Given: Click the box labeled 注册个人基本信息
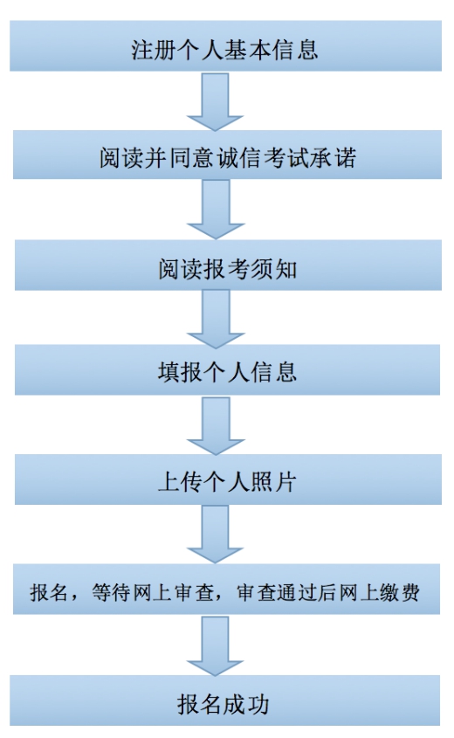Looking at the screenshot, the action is (226, 45).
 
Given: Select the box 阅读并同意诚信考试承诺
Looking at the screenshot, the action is (227, 155).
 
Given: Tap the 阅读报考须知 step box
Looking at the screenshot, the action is (228, 265).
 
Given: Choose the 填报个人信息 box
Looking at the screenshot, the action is (227, 370).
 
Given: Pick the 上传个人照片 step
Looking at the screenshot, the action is (228, 479).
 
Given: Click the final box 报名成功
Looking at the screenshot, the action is (225, 700).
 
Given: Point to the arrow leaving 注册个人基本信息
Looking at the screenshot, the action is (216, 101).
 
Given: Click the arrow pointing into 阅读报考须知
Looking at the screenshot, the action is (216, 210).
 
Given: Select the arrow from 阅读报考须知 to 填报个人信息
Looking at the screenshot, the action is (216, 319).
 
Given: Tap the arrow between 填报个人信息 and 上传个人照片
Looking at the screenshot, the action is (216, 425).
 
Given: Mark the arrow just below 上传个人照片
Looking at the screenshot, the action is (216, 535).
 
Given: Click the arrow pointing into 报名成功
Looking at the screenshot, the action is (216, 645).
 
